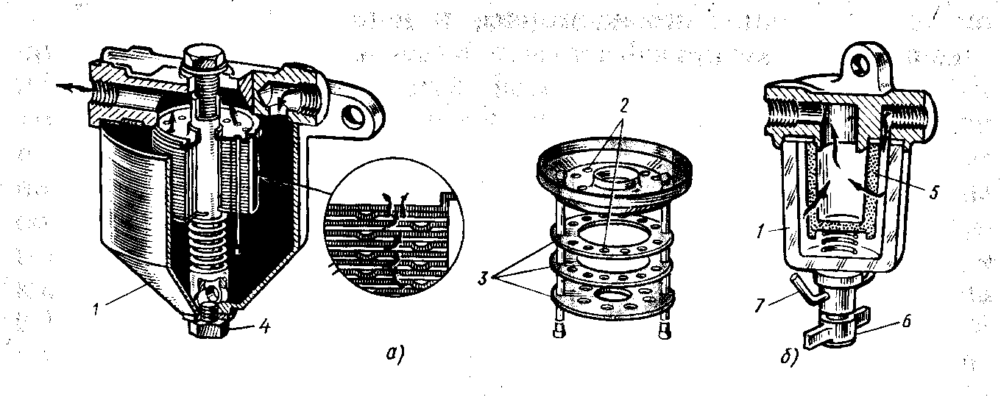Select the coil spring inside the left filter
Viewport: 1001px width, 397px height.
tap(210, 243)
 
